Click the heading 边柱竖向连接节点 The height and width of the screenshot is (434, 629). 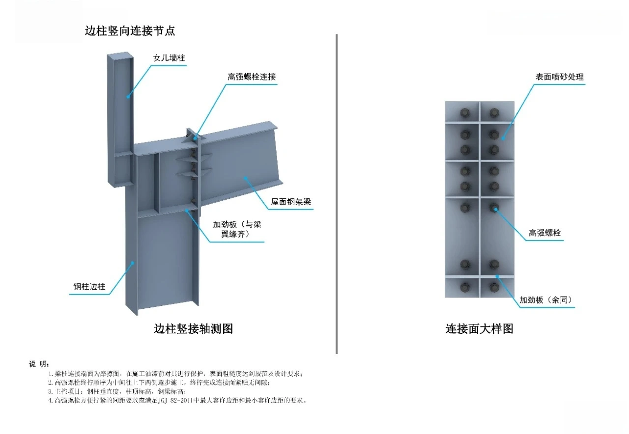tap(130, 31)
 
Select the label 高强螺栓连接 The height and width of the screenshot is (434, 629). tap(251, 77)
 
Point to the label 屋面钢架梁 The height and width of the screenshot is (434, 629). tap(291, 202)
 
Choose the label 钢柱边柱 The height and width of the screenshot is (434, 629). tap(86, 287)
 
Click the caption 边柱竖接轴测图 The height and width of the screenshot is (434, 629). tap(193, 328)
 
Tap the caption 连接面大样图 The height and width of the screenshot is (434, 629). tap(479, 328)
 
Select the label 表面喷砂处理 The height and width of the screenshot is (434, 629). tap(559, 77)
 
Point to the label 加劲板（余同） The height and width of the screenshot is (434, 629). tap(546, 299)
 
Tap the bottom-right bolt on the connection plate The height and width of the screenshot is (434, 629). tap(494, 286)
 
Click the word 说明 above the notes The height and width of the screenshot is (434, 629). tap(38, 364)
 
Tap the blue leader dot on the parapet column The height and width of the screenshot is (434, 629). tap(128, 97)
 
